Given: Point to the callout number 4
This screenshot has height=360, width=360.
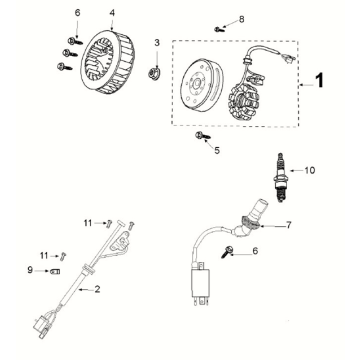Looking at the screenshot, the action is coord(112,13).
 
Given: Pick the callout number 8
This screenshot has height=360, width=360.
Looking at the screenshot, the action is coord(239,19).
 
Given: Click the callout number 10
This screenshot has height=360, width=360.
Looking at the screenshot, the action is coord(309,170).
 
